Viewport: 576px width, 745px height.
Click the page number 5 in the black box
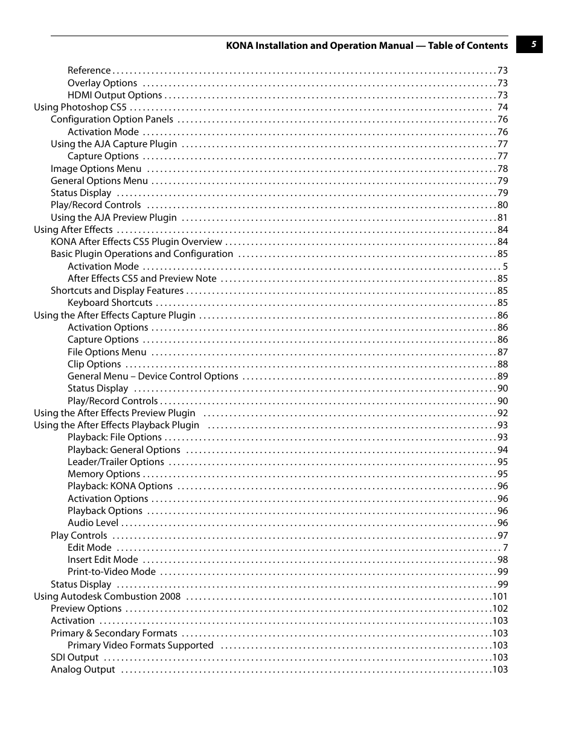[x=533, y=45]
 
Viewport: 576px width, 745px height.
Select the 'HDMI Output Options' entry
[x=115, y=95]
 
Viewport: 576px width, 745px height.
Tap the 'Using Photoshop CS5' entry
[x=80, y=107]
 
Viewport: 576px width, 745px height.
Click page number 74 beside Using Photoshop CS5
[x=502, y=107]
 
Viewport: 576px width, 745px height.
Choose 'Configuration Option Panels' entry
[x=112, y=119]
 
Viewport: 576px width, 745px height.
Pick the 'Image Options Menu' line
[x=96, y=169]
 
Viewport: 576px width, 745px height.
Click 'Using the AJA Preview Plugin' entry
[x=114, y=218]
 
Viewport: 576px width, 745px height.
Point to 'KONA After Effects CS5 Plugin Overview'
[x=136, y=242]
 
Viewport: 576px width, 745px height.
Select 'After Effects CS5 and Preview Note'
[x=142, y=279]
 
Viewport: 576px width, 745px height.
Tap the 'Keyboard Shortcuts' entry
[x=110, y=303]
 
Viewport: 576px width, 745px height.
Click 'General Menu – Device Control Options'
[x=153, y=376]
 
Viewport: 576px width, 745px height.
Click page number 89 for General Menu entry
[x=502, y=376]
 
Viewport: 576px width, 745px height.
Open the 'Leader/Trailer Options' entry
[x=116, y=462]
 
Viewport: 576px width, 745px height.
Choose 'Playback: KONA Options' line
[x=120, y=486]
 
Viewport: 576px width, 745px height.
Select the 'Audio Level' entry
[x=93, y=523]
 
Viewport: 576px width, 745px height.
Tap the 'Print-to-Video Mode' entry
[x=112, y=572]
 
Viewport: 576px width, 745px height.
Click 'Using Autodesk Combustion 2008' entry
[x=107, y=597]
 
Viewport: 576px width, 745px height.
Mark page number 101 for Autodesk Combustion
[x=500, y=597]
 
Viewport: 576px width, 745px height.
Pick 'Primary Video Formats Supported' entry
[x=141, y=645]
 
